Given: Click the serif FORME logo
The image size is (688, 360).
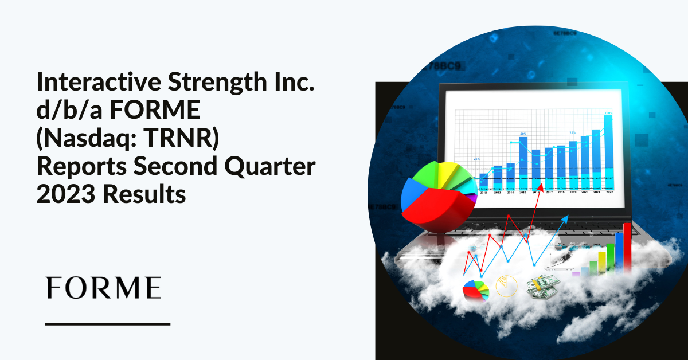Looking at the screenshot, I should [103, 288].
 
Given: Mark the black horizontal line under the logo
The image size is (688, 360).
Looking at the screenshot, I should [108, 324].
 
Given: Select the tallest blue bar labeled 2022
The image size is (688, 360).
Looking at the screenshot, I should [608, 149].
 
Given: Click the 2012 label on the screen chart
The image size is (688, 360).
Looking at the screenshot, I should [483, 193].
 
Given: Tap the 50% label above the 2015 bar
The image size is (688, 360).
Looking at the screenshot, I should [523, 134].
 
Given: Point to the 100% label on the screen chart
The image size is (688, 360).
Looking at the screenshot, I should [608, 113].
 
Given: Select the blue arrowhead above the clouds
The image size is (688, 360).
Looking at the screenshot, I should [566, 218].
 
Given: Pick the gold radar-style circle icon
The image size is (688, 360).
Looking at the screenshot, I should [506, 285].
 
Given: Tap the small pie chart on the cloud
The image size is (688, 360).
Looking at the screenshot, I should [476, 289].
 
